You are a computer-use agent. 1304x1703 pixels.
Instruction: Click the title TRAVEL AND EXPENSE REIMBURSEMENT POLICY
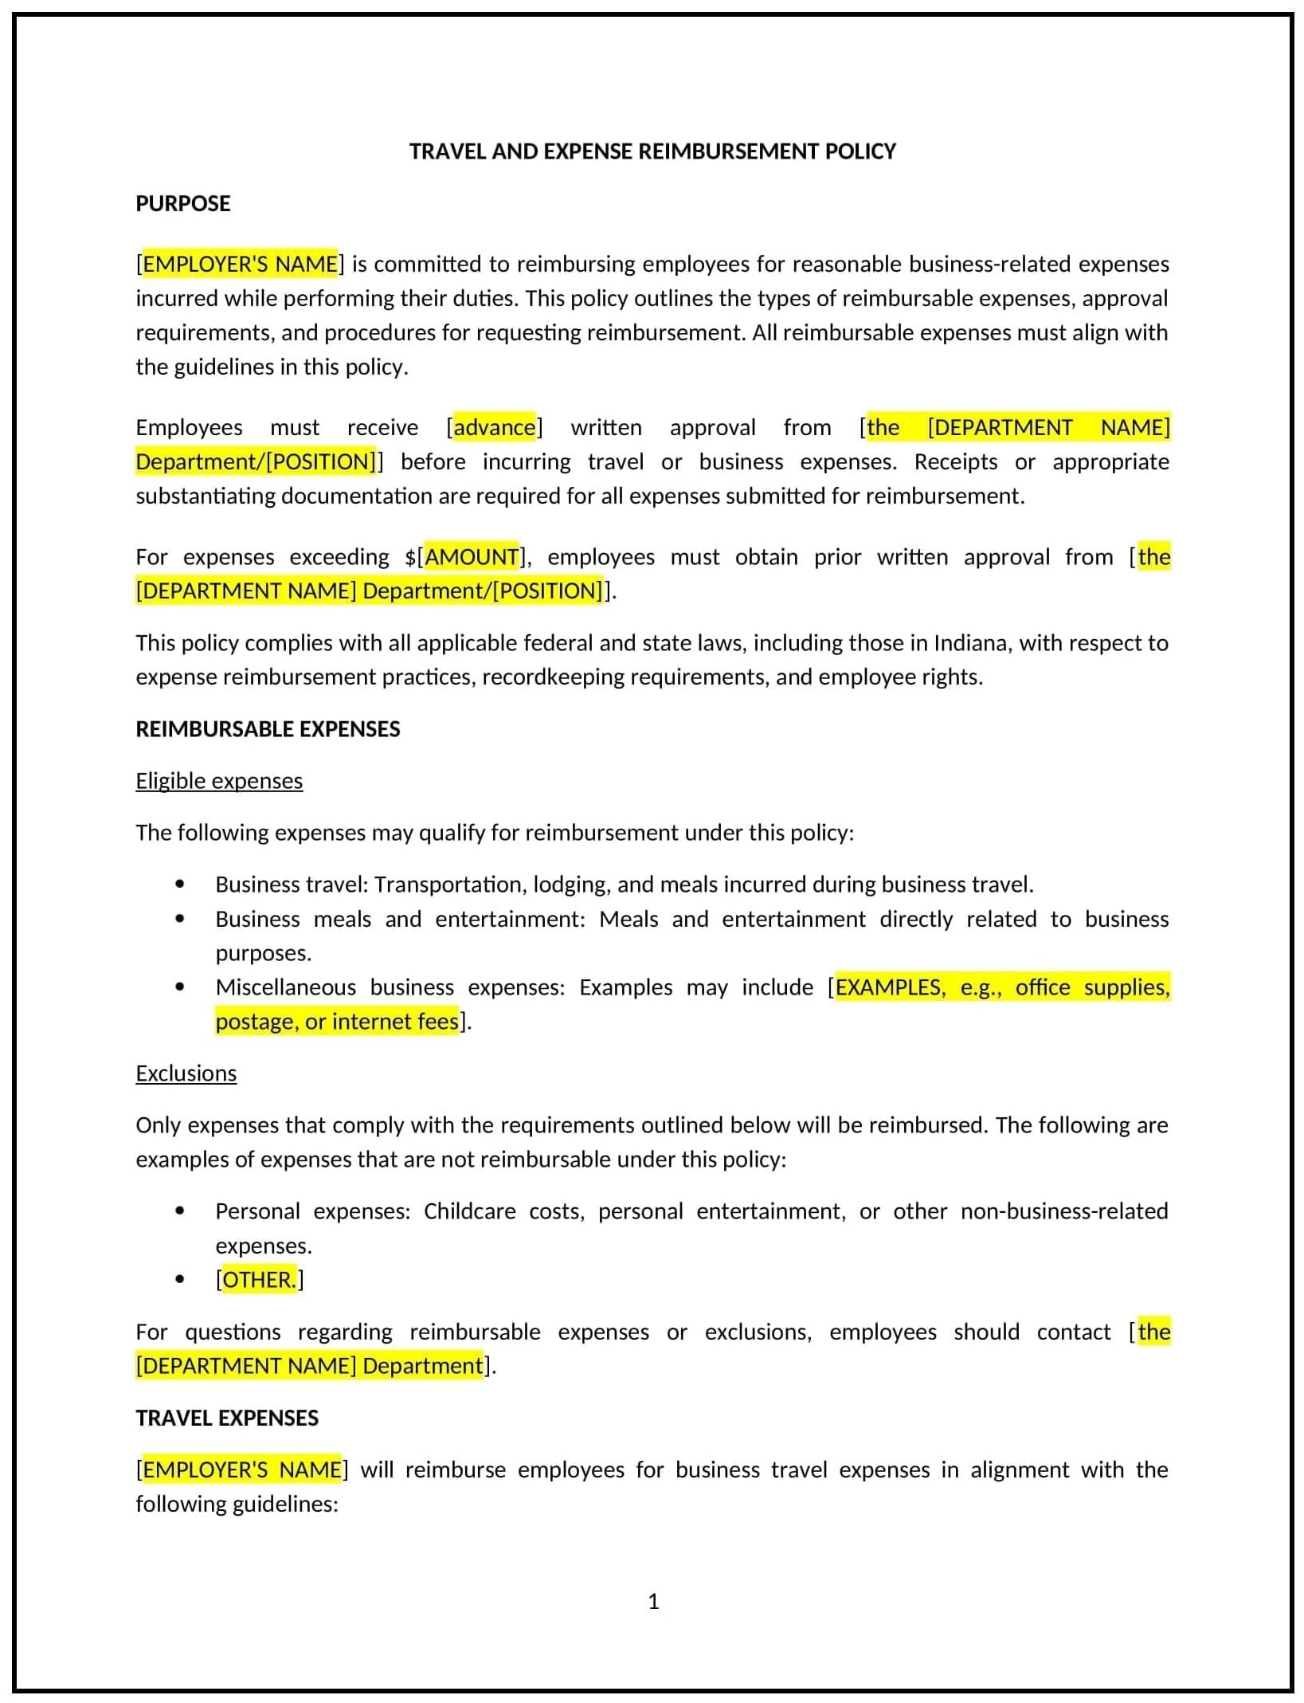652,151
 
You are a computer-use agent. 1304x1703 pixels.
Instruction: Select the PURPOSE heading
182,204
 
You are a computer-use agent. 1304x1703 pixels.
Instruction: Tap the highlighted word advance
494,428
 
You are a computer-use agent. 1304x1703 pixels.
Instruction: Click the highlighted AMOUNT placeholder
472,557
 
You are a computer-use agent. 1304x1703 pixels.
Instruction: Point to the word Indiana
970,643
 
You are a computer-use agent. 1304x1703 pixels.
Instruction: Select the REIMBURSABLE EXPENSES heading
268,729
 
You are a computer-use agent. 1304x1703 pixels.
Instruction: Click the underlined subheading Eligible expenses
219,781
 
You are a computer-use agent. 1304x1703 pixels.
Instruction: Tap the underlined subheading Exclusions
186,1073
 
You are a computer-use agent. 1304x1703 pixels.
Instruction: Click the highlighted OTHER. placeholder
259,1280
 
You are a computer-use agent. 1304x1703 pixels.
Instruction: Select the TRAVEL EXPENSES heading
227,1419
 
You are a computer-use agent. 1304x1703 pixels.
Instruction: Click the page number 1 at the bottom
653,1602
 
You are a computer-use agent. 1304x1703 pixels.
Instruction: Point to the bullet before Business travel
180,885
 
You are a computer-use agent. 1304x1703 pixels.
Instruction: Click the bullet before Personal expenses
180,1211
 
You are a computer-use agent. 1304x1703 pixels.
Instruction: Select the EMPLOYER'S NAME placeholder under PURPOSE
240,265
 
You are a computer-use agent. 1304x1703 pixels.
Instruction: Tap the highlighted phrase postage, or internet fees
336,1022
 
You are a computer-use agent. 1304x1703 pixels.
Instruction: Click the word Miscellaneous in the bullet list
285,987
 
